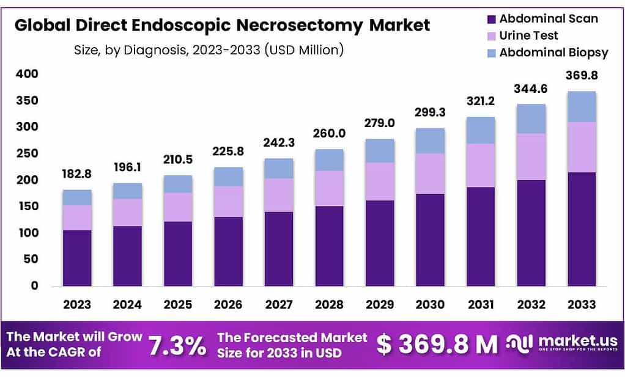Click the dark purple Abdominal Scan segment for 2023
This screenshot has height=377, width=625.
(x=77, y=258)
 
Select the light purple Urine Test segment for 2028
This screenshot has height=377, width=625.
(x=329, y=188)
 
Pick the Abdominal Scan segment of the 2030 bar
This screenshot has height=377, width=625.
(x=430, y=240)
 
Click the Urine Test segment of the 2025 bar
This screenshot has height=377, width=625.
(x=178, y=207)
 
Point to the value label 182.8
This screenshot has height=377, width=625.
(x=77, y=175)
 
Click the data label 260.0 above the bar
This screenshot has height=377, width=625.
(x=329, y=134)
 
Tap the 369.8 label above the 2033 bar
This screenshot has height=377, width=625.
(x=581, y=76)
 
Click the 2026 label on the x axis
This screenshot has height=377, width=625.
(x=228, y=304)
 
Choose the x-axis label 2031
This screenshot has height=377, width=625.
(x=480, y=304)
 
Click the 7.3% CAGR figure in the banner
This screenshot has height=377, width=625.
(x=177, y=346)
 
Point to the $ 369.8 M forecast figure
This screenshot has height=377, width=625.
(x=437, y=345)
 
